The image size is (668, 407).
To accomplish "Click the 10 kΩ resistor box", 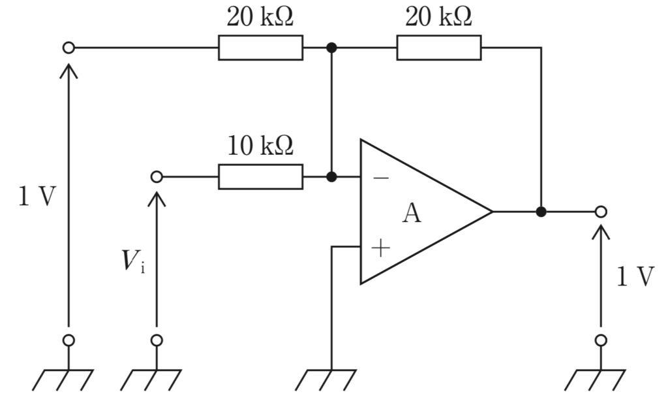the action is point(261,176).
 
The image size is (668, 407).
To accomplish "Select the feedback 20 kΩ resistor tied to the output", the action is point(439,48).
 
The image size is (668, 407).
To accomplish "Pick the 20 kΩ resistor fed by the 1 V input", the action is point(261,48).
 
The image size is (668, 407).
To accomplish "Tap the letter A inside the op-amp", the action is point(412,214).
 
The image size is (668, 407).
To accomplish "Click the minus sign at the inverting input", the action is point(381,178).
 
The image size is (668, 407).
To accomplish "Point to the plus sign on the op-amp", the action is point(380,248).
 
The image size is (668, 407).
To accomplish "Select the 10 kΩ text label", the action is point(260,146).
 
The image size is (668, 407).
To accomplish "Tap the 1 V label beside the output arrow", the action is point(635,276).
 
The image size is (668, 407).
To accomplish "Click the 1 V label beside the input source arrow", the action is point(37,197).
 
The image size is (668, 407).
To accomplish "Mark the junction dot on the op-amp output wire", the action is point(541,212).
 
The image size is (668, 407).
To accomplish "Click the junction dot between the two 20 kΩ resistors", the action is point(331,48).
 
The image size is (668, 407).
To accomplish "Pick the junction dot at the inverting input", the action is point(331,176).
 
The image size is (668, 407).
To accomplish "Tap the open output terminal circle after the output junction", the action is point(601,212).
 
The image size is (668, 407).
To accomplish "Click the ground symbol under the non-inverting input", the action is point(326,380).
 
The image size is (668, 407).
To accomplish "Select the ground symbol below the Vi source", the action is point(151,380).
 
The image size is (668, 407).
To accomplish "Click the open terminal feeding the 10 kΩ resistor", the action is point(157,176).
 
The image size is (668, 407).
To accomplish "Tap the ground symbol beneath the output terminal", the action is point(595,380).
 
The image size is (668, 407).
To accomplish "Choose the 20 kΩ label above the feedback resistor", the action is point(438,17).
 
